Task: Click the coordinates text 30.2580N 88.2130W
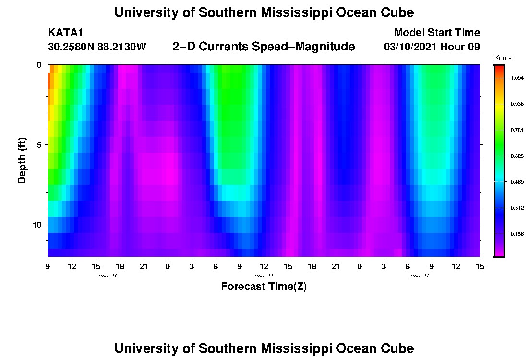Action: pos(97,47)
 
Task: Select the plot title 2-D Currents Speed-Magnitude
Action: pos(264,47)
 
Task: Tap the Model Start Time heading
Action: pos(436,33)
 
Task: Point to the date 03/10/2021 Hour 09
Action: pos(432,47)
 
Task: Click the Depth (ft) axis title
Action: pos(22,160)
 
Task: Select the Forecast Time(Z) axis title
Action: pos(264,287)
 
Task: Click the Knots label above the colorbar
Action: pos(503,58)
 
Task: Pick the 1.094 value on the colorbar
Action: pos(516,78)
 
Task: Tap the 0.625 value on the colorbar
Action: pos(516,156)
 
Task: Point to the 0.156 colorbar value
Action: pos(516,234)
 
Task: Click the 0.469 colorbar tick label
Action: pos(516,182)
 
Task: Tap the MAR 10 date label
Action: pos(108,276)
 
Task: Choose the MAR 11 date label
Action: pos(264,276)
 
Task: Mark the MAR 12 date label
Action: pos(420,276)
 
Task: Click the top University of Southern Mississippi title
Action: pos(264,12)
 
